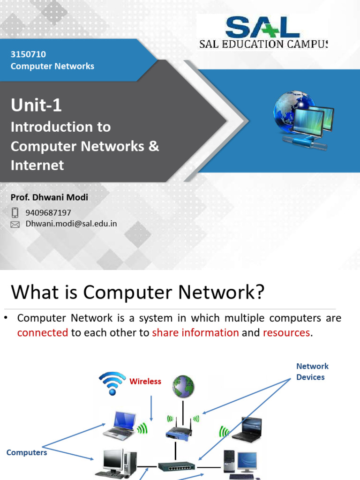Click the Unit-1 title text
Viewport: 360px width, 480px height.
click(36, 105)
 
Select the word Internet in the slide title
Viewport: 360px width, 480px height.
click(37, 165)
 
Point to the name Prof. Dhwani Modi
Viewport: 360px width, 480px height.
click(49, 197)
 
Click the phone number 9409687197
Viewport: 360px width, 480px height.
click(48, 213)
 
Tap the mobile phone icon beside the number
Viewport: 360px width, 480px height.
click(15, 213)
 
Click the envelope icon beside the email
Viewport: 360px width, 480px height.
click(15, 225)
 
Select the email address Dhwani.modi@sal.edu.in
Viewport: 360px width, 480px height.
click(71, 224)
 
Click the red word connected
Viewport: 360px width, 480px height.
click(43, 333)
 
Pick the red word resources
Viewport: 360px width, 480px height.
click(286, 333)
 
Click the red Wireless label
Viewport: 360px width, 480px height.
click(145, 382)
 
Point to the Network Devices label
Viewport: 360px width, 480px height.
click(312, 372)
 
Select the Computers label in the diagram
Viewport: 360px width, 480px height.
click(27, 453)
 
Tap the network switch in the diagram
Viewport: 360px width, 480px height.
click(177, 466)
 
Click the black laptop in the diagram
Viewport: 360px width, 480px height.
click(246, 429)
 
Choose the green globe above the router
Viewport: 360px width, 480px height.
click(183, 385)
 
